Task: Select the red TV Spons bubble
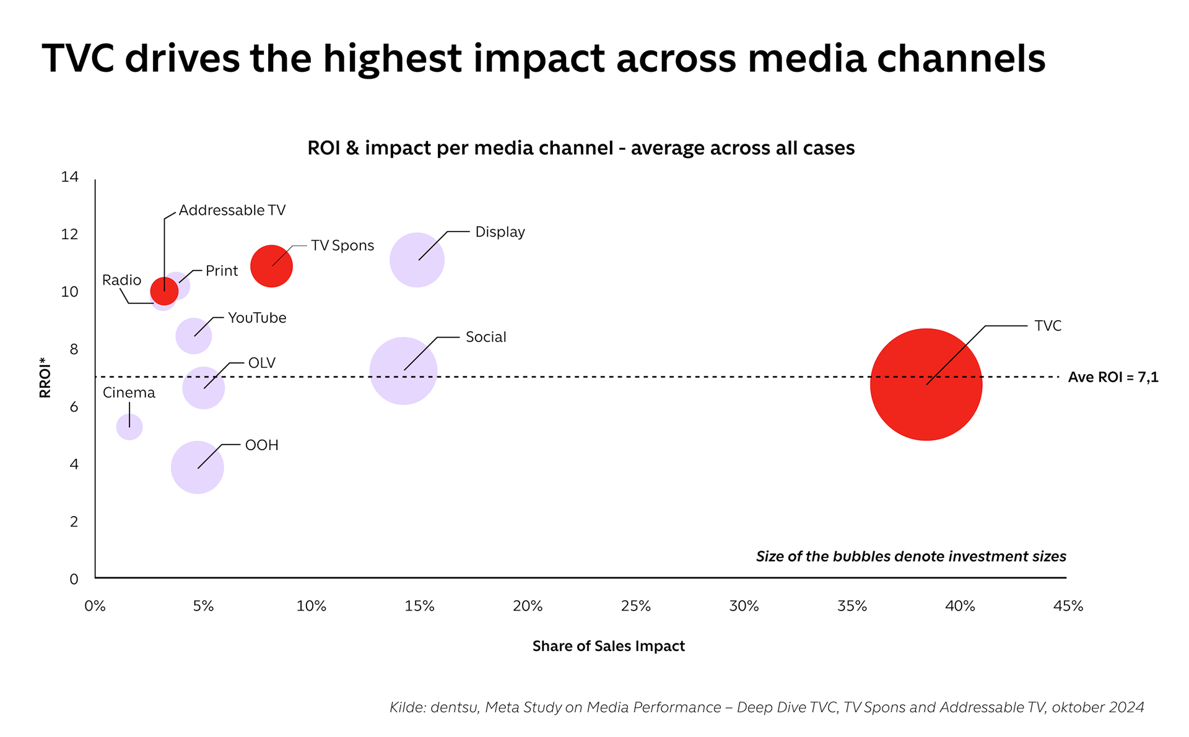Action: pos(271,266)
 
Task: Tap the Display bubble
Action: pos(417,260)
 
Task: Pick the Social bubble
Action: pos(403,371)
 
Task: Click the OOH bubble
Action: pos(197,468)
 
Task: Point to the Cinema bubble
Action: pos(129,427)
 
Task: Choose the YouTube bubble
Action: pos(194,336)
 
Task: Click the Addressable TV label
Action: pos(232,211)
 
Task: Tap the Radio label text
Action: pos(121,280)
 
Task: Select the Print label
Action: pos(222,271)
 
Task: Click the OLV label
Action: pos(261,363)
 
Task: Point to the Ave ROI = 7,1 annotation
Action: pos(1113,377)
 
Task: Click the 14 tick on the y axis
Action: pos(70,177)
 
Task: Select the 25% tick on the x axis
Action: pos(635,606)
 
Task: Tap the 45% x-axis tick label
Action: pos(1068,606)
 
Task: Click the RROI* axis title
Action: pos(45,377)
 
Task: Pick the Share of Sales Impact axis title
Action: pos(608,646)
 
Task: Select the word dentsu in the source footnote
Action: pos(455,707)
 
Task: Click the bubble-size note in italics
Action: pos(911,556)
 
